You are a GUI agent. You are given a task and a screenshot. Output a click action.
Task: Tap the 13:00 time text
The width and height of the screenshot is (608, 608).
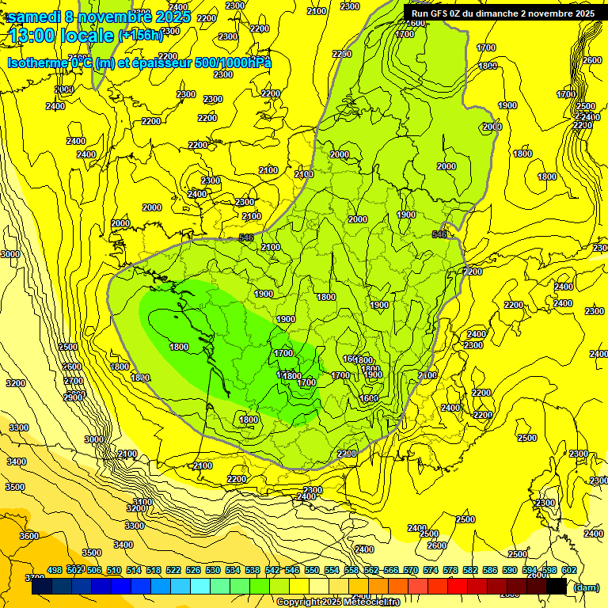pos(35,35)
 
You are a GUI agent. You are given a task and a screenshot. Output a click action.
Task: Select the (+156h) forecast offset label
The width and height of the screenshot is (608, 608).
pos(139,35)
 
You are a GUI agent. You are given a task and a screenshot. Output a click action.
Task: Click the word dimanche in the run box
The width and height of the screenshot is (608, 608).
pos(490,13)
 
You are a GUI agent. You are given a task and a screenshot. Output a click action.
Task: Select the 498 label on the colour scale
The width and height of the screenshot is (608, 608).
pos(55,570)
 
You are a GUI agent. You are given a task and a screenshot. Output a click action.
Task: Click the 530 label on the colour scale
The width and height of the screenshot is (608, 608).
pos(213,570)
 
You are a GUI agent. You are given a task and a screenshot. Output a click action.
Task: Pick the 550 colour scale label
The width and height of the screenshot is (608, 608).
pos(312,570)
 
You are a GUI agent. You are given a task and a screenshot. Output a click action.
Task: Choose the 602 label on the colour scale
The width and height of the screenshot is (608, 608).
pos(569,570)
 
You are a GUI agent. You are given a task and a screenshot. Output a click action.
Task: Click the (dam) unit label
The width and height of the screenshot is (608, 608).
pos(586,587)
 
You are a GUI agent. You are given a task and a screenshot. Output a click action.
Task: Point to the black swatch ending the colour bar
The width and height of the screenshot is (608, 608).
pos(557,586)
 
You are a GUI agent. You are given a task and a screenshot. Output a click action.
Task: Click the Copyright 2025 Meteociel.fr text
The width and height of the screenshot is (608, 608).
pos(338,602)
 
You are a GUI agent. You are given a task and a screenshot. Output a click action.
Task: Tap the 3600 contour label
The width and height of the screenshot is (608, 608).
pos(28,536)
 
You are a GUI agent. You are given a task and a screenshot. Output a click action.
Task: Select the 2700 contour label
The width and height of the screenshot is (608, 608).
pos(72,381)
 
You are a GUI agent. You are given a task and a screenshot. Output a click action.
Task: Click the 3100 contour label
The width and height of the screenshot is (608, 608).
pos(142,502)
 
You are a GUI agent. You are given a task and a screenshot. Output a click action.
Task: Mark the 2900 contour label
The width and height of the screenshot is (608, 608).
pos(74,397)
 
